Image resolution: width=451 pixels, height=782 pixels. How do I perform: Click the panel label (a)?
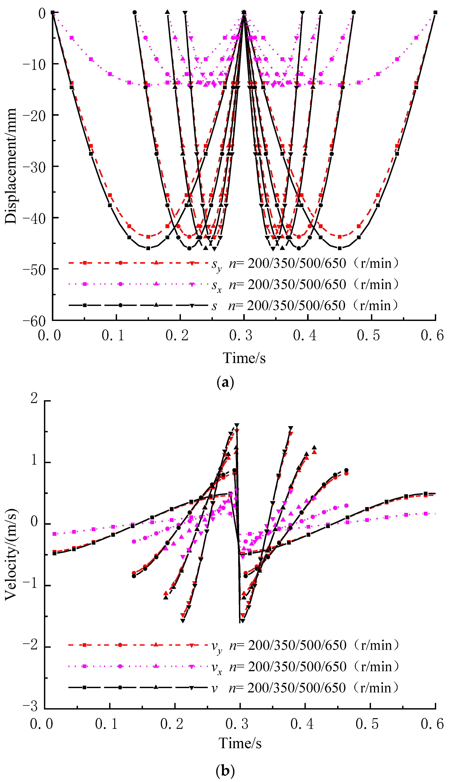coord(225,383)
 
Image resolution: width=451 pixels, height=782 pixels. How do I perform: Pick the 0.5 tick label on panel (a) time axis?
coord(368,335)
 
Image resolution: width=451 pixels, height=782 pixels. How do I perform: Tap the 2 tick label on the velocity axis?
coord(34,398)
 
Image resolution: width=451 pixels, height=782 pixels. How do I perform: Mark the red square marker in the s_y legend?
coord(85,263)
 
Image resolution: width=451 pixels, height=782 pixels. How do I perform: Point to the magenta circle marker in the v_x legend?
coord(120,666)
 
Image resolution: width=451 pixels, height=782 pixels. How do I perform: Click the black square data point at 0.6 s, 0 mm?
coord(435,12)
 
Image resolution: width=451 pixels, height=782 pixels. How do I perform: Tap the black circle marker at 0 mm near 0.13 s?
coord(134,12)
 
